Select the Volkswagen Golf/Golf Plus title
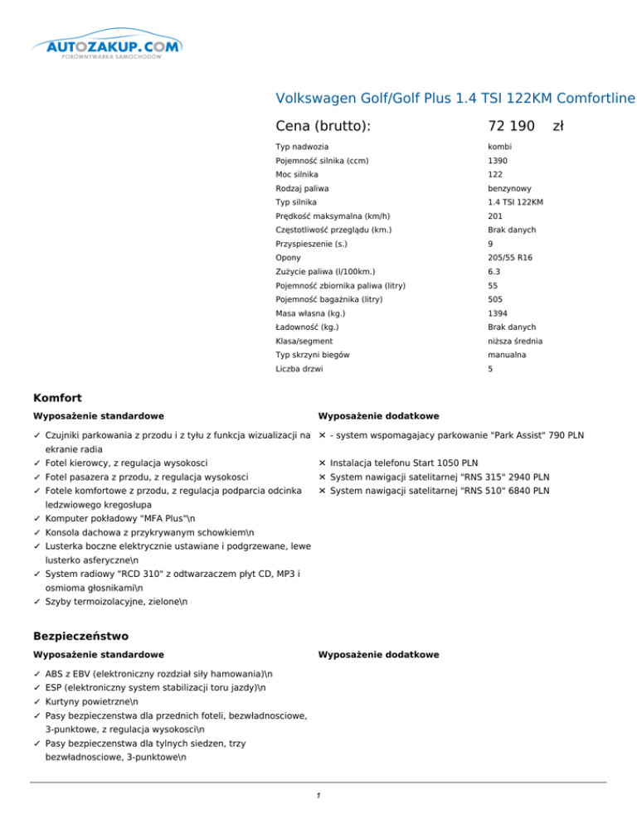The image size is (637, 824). (x=455, y=99)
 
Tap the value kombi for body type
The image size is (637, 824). (x=502, y=146)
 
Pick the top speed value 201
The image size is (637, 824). (x=496, y=216)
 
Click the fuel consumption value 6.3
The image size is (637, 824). (x=495, y=272)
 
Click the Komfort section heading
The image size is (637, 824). (x=56, y=399)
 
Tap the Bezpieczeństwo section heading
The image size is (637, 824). (x=80, y=637)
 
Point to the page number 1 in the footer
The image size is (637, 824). (x=318, y=797)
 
